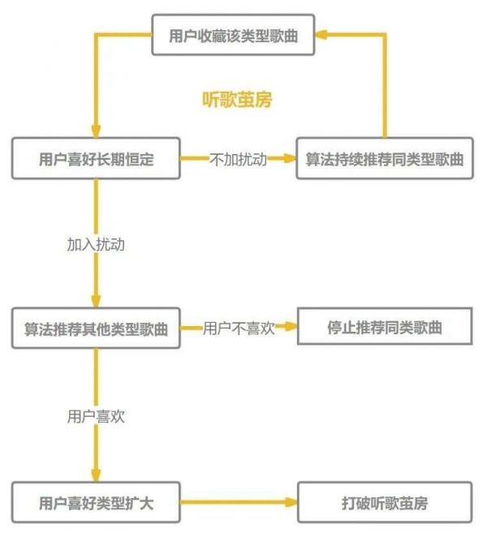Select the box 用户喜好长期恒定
96,158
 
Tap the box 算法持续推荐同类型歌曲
384,158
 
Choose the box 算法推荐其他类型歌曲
96,329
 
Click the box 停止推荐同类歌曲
384,329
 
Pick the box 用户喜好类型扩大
96,503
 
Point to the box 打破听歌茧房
384,503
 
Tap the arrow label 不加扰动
238,159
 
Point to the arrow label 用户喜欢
96,417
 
